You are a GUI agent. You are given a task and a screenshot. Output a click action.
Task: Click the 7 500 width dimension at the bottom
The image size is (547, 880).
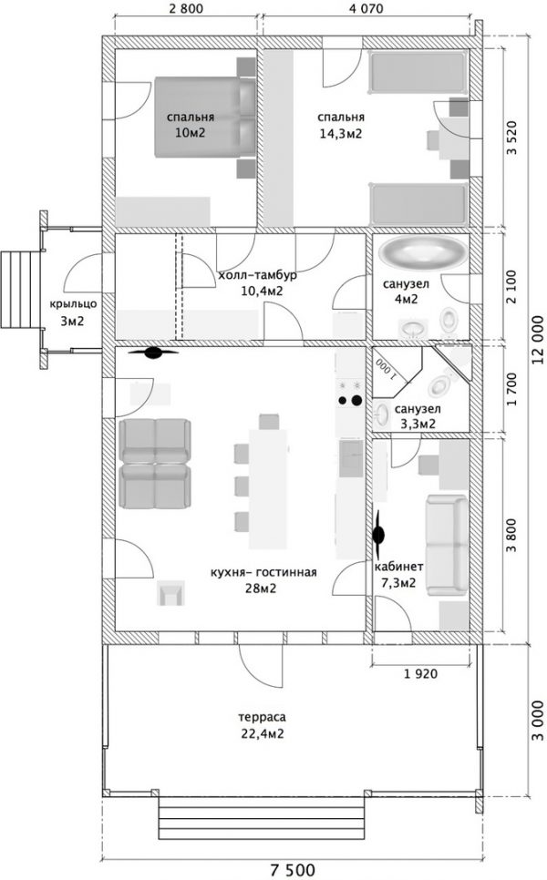coord(293,870)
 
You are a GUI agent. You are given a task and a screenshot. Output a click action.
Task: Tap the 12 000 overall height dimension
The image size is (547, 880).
coord(538,340)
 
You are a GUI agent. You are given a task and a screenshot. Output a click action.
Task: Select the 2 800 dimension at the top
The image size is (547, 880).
coord(186,8)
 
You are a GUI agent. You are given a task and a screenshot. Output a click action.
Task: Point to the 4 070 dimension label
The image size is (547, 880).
coord(366,8)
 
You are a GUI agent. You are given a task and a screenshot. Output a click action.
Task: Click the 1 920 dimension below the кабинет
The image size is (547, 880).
coord(420,673)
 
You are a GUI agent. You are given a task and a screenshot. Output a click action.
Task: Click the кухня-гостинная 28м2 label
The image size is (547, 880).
coord(263,580)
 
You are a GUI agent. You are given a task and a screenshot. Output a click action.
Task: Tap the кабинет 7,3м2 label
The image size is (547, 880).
coord(398,575)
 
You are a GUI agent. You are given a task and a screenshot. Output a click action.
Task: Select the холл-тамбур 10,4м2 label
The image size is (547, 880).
coord(258,282)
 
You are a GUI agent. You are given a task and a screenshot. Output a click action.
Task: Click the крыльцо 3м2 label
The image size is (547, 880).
coord(73,312)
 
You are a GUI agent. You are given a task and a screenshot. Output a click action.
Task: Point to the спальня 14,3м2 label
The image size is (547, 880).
coord(341,125)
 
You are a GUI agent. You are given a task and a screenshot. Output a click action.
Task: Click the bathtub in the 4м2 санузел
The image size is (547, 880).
coord(422,252)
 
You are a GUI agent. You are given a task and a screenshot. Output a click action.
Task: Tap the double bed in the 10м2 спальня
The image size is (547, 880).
coord(205,117)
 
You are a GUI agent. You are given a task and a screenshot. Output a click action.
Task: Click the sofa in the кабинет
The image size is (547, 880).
coord(447,545)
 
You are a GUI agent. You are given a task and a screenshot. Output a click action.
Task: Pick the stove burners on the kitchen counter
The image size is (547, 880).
coord(349,393)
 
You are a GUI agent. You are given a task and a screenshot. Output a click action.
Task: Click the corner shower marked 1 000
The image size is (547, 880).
coord(397,366)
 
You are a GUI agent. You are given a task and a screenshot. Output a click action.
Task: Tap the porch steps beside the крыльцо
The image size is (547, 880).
coord(20,290)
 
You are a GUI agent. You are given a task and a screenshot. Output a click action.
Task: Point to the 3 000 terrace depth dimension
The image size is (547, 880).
coord(538,720)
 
